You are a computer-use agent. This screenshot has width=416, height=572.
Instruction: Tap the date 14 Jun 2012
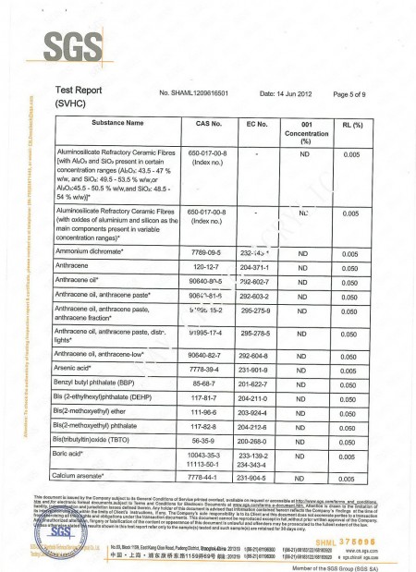point(288,93)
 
